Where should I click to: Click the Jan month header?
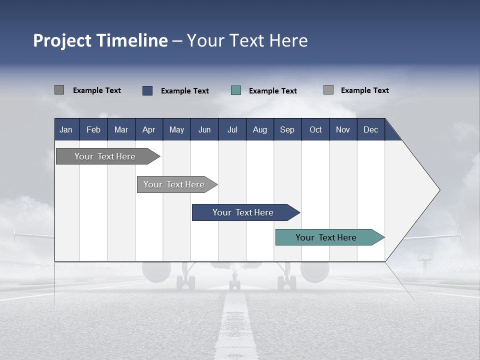tap(66, 129)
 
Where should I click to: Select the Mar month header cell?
tap(121, 129)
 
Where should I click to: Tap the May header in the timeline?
tap(176, 129)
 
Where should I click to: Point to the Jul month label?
tap(232, 129)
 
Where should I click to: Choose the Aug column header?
tap(259, 129)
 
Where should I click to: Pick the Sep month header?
tap(287, 129)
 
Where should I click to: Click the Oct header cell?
tap(315, 129)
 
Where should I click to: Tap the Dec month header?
tap(370, 129)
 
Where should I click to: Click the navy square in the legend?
tap(147, 90)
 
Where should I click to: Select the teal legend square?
tap(236, 90)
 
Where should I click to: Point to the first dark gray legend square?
tap(59, 90)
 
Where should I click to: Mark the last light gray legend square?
tap(328, 90)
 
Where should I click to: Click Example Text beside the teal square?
tap(273, 91)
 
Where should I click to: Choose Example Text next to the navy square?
tap(185, 91)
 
